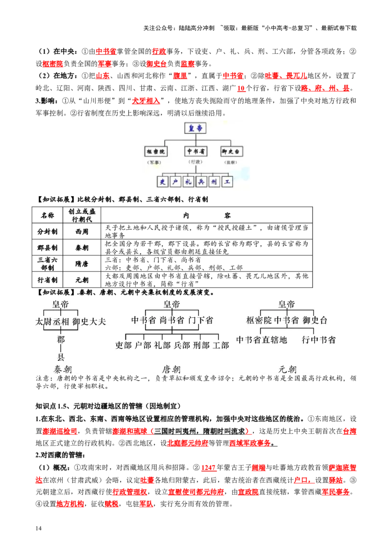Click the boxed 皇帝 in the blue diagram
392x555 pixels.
196,128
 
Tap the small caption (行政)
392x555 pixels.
195,162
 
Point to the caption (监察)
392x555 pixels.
231,162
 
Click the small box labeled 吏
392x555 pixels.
163,182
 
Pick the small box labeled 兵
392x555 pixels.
201,182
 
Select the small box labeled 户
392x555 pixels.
175,182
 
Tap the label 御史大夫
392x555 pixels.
89,322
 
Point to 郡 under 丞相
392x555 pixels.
61,339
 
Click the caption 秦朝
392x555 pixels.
61,369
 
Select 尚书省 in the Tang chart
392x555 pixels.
172,321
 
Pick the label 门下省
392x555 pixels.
201,321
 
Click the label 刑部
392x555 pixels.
198,345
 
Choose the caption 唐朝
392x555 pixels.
172,369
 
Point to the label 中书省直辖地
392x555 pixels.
262,339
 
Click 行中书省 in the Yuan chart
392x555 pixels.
319,339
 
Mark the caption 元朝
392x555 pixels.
287,369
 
